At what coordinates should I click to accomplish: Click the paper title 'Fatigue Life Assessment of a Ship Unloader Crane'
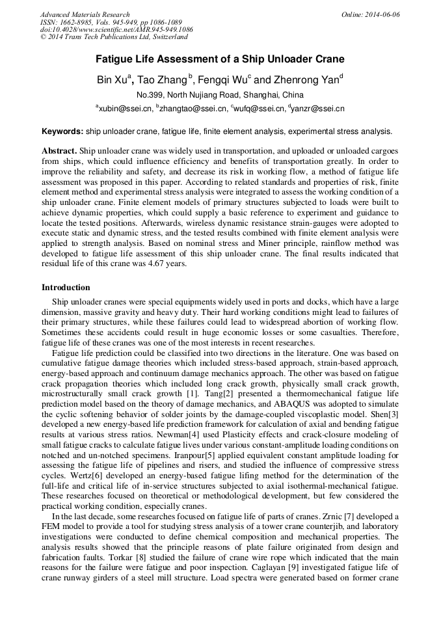point(220,59)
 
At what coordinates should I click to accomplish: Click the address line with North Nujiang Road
point(220,95)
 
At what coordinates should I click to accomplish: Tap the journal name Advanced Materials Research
point(85,14)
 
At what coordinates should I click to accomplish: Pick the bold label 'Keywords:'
point(62,131)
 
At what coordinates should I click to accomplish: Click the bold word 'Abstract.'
point(59,150)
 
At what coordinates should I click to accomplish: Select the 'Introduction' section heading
point(66,287)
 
